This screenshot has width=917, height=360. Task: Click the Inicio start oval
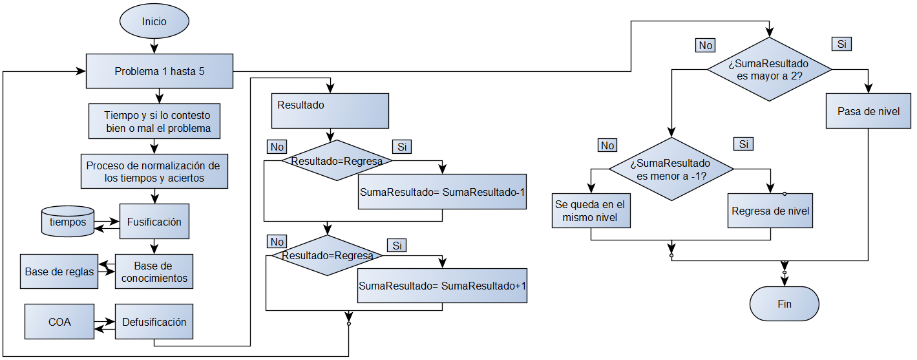point(154,21)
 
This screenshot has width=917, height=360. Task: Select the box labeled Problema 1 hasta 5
point(160,71)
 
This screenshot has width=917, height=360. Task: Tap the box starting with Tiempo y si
point(154,121)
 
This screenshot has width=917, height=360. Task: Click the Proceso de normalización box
point(154,171)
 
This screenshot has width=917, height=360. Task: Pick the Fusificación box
point(154,222)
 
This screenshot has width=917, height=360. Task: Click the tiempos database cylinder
point(67,222)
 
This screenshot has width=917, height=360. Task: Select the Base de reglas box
point(59,271)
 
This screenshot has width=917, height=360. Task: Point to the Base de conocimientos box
point(154,271)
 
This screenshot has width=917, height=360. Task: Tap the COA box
point(59,322)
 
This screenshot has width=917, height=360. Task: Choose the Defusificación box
point(154,322)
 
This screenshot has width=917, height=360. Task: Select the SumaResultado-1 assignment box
point(443,192)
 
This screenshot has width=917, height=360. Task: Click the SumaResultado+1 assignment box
point(443,286)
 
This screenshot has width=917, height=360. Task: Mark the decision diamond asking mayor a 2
point(769,70)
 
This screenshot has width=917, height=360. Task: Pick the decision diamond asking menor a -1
point(672,170)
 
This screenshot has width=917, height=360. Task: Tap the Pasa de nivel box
point(869,111)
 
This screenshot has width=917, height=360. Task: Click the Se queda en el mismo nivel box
point(590,211)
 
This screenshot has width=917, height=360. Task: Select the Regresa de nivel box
point(770,211)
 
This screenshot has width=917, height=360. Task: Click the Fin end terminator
point(784,303)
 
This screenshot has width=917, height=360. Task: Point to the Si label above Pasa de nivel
point(841,45)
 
